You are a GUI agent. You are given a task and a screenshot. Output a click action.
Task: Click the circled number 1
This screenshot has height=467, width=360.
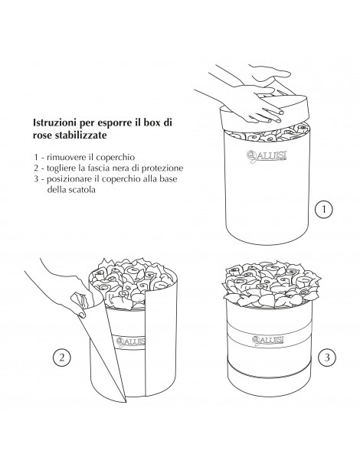tap(324, 209)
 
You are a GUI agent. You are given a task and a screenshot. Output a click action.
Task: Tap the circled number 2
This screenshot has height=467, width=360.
tap(62, 357)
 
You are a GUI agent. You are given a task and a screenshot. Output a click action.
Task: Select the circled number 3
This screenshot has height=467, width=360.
tap(327, 357)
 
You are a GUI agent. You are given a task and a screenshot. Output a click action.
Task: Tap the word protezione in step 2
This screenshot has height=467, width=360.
tap(162, 168)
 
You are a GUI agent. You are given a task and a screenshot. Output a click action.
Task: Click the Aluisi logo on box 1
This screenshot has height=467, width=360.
tap(267, 156)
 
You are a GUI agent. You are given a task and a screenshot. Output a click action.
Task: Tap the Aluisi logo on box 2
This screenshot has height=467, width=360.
tap(131, 341)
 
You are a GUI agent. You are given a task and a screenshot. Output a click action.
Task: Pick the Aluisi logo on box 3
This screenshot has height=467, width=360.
tap(268, 340)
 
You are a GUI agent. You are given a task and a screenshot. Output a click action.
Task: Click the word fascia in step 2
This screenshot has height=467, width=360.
tap(99, 168)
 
